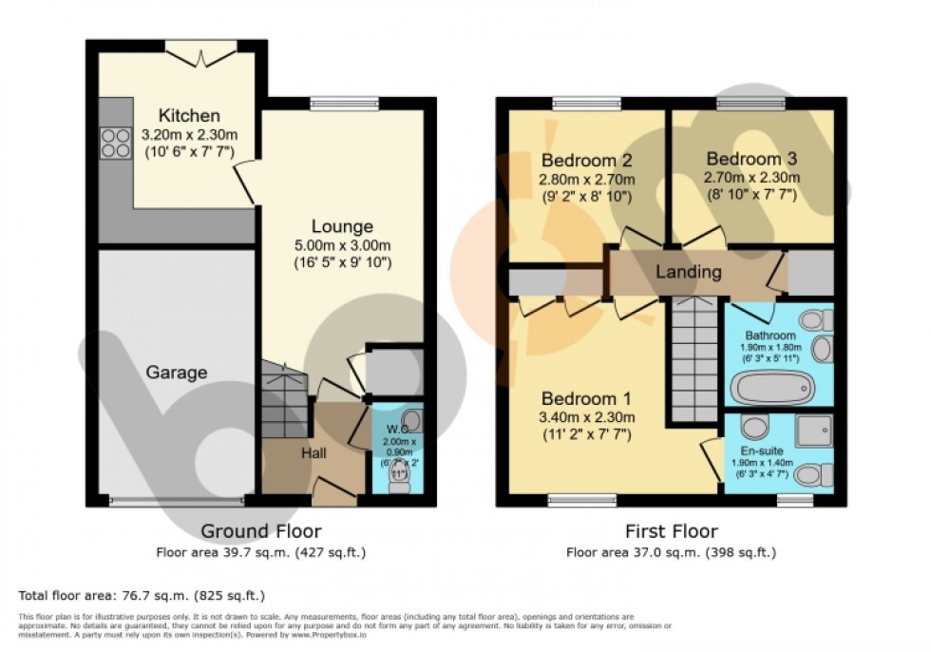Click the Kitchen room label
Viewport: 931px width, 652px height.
click(189, 116)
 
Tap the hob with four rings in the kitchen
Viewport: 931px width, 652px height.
click(115, 143)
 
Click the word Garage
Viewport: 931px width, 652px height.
click(177, 373)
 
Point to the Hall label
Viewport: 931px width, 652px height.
click(313, 454)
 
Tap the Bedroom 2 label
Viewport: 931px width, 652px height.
click(586, 160)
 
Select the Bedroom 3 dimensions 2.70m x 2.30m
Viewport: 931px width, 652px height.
click(751, 178)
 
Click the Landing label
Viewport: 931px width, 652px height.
click(689, 273)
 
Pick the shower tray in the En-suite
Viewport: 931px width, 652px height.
click(814, 430)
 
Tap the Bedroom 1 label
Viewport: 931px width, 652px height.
click(586, 398)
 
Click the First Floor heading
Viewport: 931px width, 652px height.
click(670, 531)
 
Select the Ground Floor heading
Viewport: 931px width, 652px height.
click(261, 531)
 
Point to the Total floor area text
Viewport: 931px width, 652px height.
click(142, 596)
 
